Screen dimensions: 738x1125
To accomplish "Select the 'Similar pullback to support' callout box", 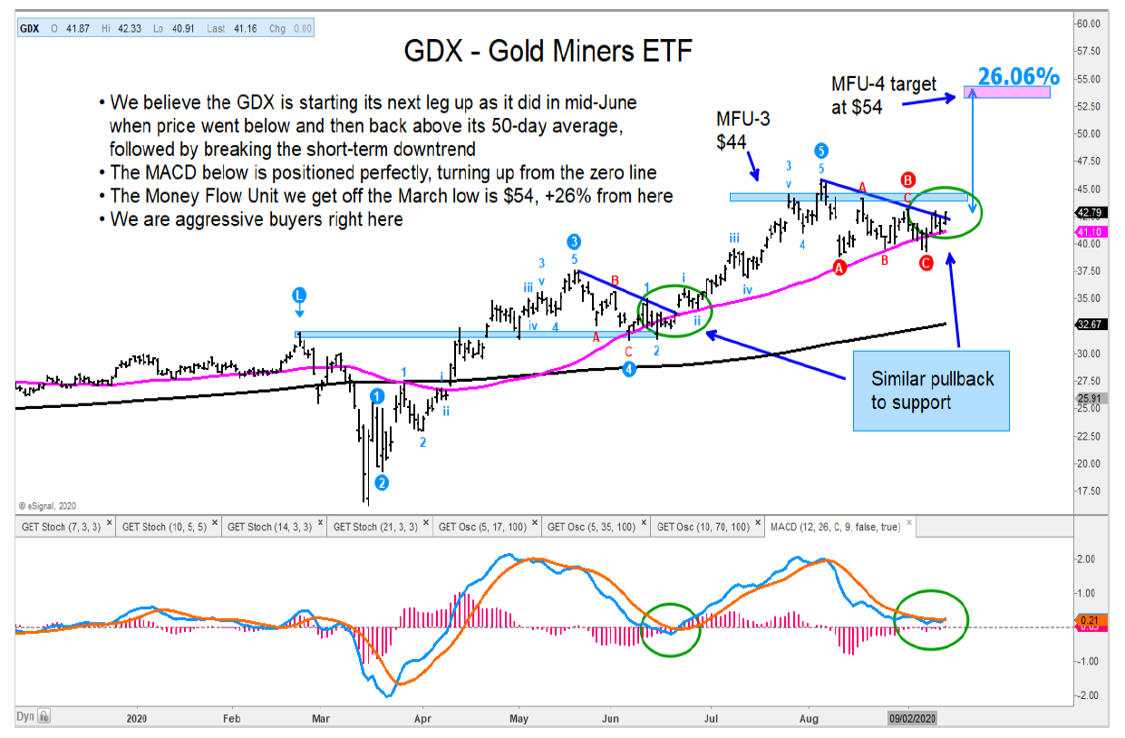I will tap(931, 390).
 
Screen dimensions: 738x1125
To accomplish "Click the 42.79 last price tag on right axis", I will tap(1089, 214).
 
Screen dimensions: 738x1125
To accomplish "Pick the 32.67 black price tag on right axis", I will tap(1089, 325).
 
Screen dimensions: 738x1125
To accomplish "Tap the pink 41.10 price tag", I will tap(1089, 231).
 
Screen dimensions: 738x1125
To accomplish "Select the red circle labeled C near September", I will tap(926, 263).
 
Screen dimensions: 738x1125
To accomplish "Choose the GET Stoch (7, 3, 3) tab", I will tap(61, 526).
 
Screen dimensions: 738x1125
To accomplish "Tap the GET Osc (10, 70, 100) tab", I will tap(702, 526).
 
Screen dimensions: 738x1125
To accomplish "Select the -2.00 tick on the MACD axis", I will tap(1087, 695).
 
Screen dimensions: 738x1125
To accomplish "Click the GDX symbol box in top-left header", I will tap(29, 28).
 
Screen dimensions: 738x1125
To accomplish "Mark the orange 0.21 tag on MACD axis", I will tap(1088, 620).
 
